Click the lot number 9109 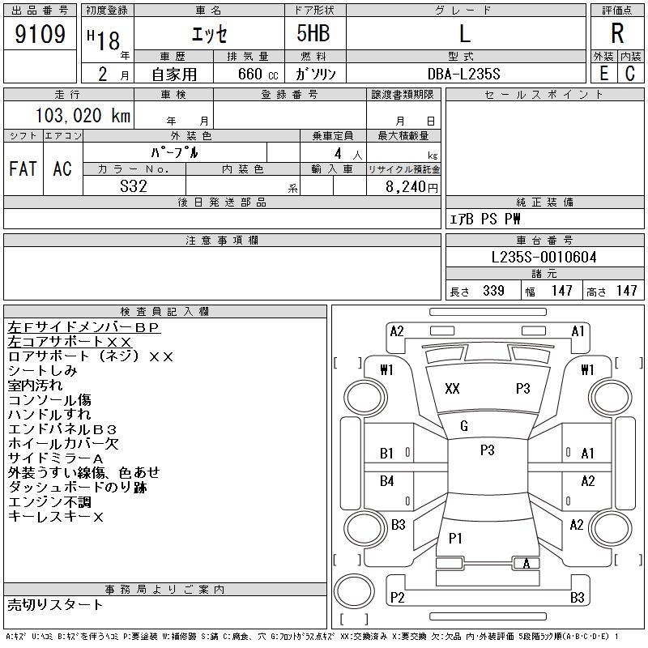(40, 34)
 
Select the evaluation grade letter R (617, 34)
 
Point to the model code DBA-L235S (464, 74)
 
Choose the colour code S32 (133, 185)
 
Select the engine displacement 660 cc (247, 74)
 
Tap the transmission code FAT (23, 168)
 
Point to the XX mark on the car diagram (452, 389)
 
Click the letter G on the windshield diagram (464, 426)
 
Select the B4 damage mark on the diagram (386, 481)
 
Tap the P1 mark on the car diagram (455, 537)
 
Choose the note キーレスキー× (55, 517)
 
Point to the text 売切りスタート (56, 604)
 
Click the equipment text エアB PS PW (485, 219)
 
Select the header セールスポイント (544, 95)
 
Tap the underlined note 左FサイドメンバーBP (83, 327)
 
